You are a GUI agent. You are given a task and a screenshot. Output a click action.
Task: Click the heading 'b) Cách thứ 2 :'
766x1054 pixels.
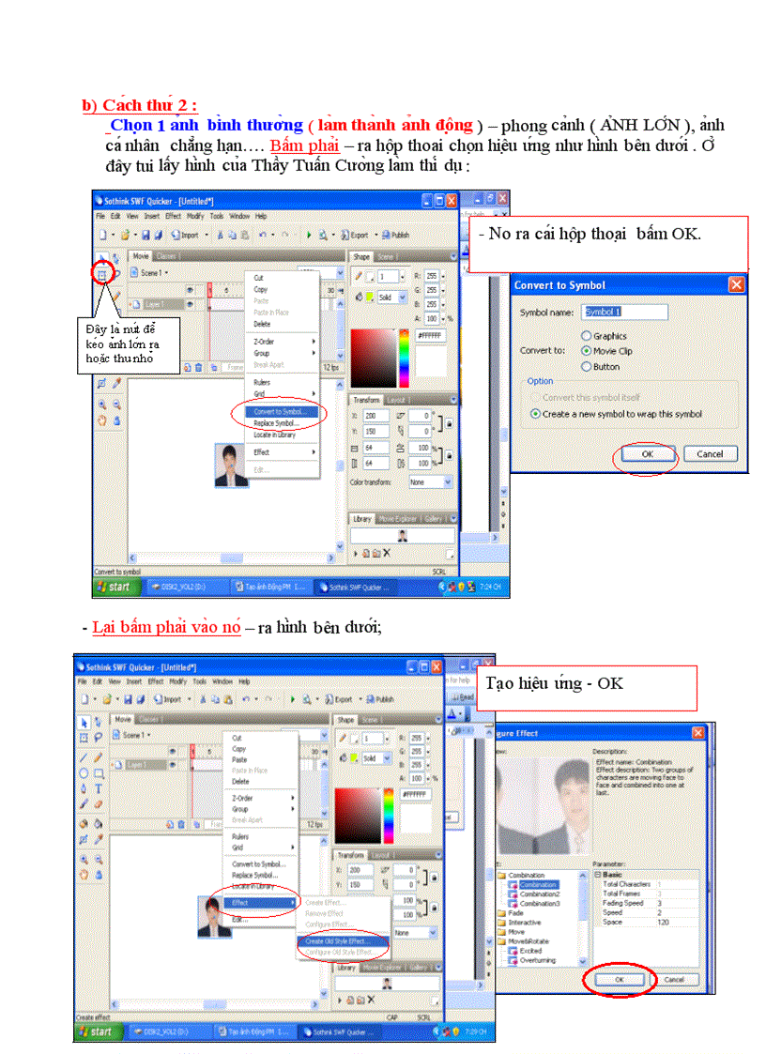[139, 104]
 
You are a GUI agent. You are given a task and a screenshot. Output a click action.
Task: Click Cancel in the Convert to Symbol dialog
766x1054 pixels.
[710, 454]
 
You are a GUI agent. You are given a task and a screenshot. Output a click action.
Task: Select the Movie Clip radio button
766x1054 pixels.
[587, 351]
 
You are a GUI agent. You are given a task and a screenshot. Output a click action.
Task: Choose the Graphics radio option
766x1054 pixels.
[587, 336]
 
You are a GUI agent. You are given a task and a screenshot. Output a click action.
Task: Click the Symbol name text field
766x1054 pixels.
[624, 312]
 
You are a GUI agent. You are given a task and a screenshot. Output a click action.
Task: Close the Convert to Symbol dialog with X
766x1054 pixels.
[736, 284]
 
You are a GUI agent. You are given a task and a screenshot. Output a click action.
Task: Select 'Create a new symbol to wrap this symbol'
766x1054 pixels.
[536, 414]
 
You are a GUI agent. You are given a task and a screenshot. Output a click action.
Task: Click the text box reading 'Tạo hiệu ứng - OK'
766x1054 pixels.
[586, 687]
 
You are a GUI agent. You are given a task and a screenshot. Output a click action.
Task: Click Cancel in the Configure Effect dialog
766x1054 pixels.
[673, 979]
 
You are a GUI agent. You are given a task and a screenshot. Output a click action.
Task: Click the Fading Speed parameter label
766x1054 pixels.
[623, 903]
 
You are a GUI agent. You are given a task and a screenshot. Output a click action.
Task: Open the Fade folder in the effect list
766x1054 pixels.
[515, 912]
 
